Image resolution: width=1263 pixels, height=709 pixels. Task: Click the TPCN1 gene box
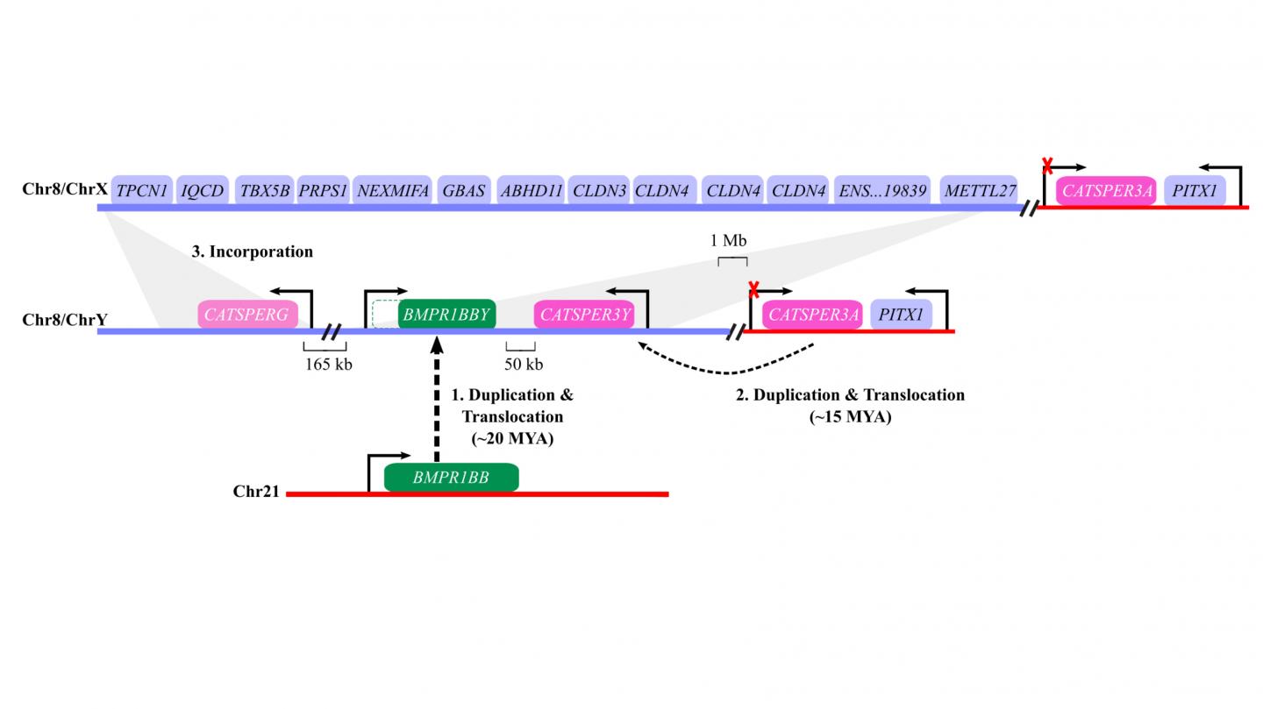141,190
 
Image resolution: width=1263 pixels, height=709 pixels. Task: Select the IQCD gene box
203,190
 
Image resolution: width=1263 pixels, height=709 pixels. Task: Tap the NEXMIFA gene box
392,190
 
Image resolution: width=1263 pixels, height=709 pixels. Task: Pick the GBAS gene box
463,190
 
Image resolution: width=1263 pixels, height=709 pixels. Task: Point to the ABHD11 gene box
530,190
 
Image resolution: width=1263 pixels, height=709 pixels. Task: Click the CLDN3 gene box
598,190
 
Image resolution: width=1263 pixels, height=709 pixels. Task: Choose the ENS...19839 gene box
881,190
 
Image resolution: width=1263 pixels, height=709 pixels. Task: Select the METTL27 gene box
980,190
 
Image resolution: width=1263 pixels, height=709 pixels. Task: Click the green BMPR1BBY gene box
446,315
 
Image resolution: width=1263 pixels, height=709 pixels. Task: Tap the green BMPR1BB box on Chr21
451,478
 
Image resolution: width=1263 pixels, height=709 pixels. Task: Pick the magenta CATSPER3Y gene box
584,315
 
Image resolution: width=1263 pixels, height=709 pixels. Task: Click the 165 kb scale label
328,364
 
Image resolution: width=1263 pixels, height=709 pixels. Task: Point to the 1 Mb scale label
728,241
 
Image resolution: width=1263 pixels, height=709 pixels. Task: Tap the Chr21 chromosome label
256,492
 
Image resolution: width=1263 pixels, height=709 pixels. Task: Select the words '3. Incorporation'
252,252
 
